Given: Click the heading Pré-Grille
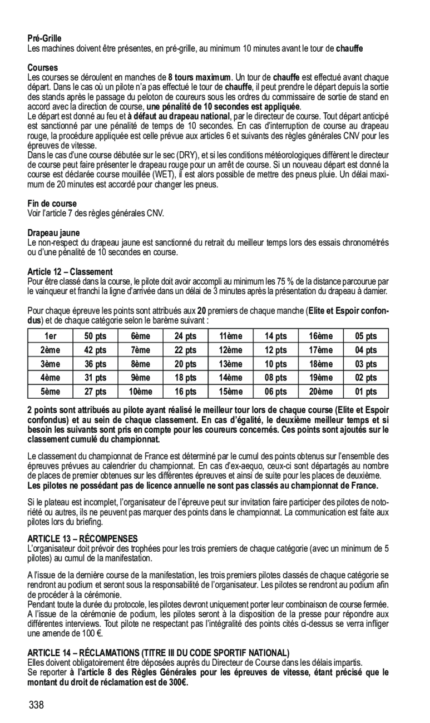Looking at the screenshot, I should tap(45, 38).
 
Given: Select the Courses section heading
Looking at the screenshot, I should tap(43, 67).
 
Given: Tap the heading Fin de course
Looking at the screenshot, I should tap(52, 204).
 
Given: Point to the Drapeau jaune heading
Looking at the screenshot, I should tap(54, 232).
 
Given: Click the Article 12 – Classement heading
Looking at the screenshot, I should tap(70, 272).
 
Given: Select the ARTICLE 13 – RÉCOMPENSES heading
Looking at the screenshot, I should tap(82, 538).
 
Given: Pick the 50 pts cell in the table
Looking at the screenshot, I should tap(96, 336).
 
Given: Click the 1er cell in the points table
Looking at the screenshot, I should tap(51, 336).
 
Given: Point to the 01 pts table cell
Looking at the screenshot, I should tap(367, 392).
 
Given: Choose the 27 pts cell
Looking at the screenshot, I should tap(96, 392).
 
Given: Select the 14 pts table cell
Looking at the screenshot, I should tap(276, 336).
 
